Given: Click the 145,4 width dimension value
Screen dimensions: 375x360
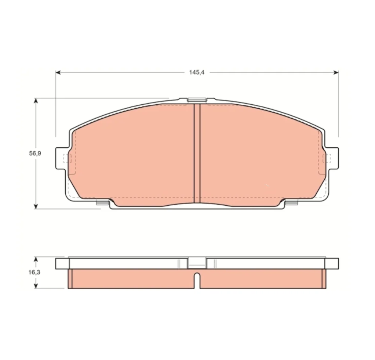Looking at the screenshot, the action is pos(197,72).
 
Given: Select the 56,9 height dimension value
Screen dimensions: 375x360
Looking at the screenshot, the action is pos(35,153).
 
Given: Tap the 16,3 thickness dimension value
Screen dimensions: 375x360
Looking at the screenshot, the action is pos(34,273).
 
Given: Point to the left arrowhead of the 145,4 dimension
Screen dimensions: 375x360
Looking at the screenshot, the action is pos(58,72).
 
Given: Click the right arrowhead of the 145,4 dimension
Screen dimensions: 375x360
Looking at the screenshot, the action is pos(336,72).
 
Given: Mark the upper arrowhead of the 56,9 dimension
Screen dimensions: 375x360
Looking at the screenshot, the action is pos(36,101).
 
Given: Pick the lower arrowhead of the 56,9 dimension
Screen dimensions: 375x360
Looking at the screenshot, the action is pos(36,206).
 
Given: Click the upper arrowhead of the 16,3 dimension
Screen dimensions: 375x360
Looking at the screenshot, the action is pos(36,260).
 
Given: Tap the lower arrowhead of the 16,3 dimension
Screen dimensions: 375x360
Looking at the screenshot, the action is pos(36,286).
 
